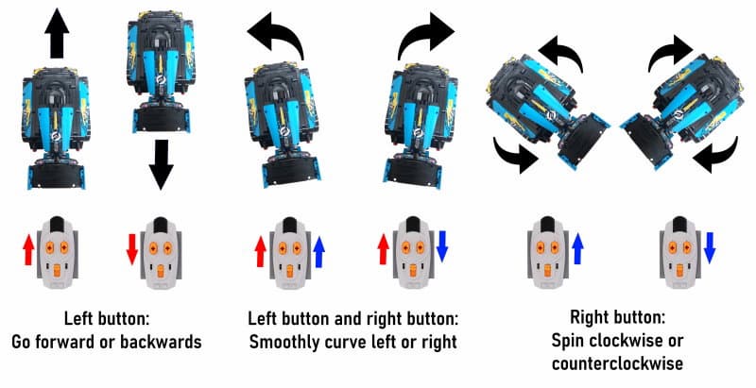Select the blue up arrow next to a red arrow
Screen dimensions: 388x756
point(318,251)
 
